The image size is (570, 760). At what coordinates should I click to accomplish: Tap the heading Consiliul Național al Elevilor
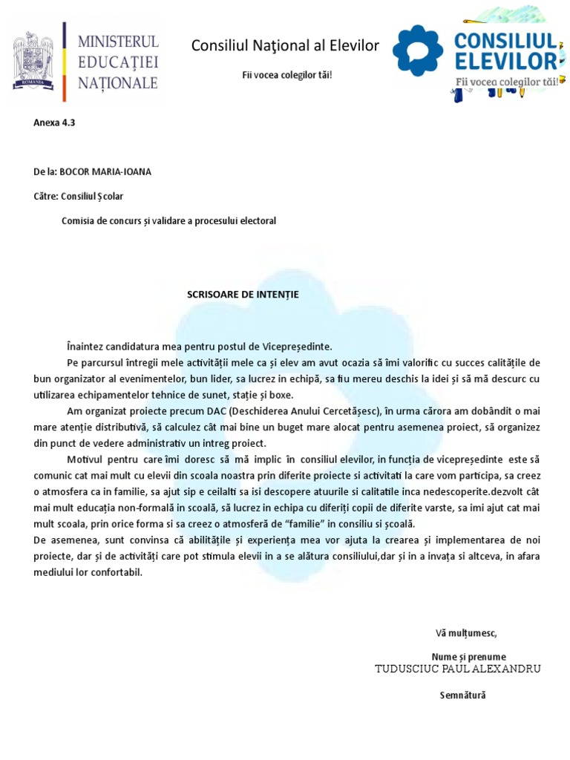(285, 47)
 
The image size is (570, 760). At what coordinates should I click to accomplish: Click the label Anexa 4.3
(54, 123)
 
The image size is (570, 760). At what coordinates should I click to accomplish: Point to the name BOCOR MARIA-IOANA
(111, 172)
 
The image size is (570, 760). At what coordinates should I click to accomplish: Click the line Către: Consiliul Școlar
(79, 197)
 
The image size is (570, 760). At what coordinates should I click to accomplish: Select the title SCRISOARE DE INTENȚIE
(243, 295)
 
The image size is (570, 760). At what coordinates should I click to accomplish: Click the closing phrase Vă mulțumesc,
(466, 633)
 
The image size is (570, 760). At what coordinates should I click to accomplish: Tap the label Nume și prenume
(468, 657)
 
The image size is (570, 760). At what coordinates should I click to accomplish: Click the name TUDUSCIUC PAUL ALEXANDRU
(459, 669)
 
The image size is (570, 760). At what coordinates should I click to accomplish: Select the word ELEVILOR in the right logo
(508, 60)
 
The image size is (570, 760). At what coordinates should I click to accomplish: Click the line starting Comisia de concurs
(168, 221)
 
